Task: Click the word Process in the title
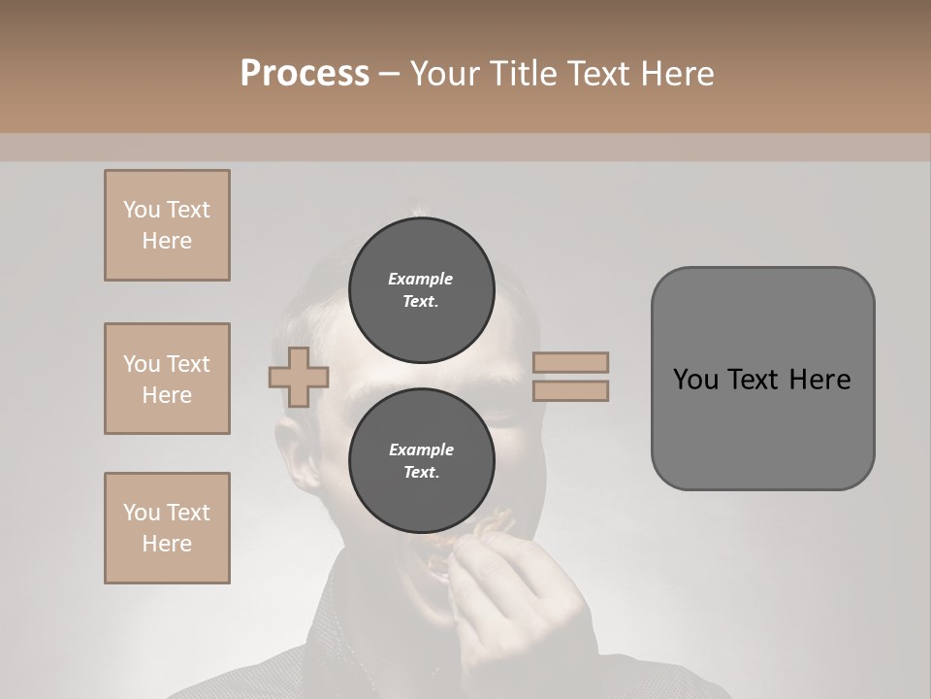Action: pos(305,74)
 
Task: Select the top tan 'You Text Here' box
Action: pos(167,225)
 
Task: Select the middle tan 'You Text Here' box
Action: pos(167,379)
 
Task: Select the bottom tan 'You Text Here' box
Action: pos(167,528)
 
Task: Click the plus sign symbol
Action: pos(299,377)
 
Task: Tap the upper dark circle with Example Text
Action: pos(421,289)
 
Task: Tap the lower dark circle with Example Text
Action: pos(421,461)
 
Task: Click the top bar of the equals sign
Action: pos(571,362)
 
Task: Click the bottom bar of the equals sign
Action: pos(571,390)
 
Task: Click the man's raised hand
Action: pos(524,592)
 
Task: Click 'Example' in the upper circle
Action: pos(421,279)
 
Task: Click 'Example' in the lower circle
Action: pos(421,449)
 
